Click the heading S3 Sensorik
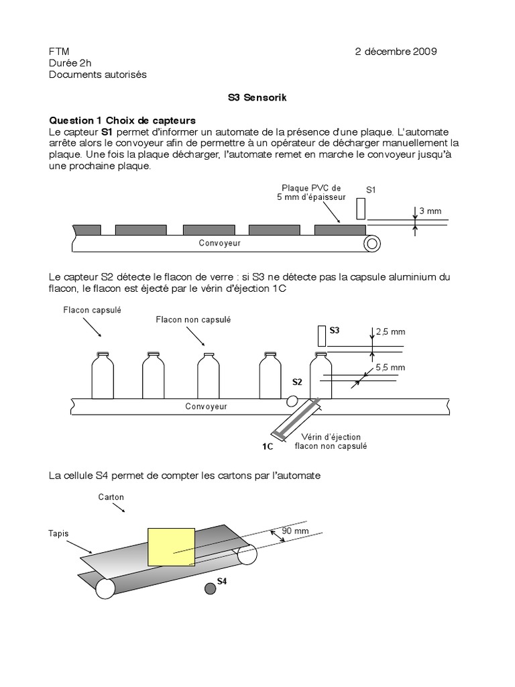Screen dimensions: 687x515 click(257, 97)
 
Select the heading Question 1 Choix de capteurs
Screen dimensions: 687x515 click(122, 120)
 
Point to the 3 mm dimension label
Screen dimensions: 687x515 click(430, 211)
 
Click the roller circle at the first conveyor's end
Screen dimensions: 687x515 click(371, 244)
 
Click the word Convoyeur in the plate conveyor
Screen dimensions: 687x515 click(219, 243)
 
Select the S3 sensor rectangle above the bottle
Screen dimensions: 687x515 click(322, 335)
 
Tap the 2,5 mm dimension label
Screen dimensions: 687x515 click(390, 331)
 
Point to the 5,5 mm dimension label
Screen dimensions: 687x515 click(390, 367)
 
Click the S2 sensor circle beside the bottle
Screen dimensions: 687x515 click(292, 401)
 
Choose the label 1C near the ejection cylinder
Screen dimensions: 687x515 click(268, 445)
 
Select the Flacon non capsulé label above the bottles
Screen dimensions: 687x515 click(193, 320)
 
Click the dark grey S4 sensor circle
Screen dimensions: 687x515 click(210, 588)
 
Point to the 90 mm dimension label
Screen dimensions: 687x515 click(295, 531)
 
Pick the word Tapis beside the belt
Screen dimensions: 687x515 click(59, 534)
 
